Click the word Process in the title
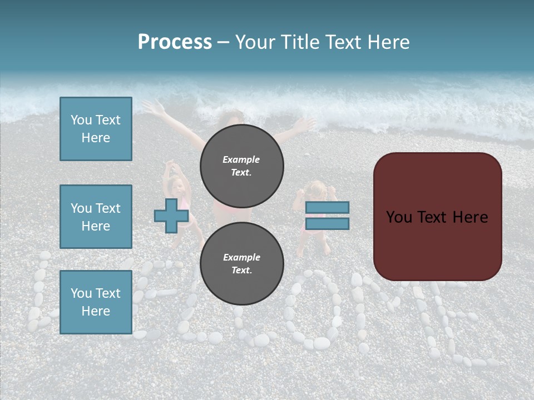coord(175,42)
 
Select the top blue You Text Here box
coord(96,129)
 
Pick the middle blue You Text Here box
coord(96,217)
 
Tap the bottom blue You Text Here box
coord(96,302)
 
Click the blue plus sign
coord(171,216)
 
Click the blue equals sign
coord(328,216)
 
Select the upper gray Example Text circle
coord(241,166)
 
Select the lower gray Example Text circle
coord(241,263)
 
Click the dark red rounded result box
coord(437,217)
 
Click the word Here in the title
coord(388,42)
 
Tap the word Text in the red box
coord(436,217)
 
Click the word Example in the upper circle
coord(241,159)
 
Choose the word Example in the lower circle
coord(241,257)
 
